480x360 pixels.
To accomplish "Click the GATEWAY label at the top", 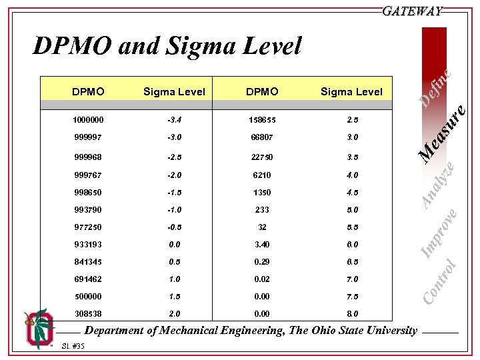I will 411,11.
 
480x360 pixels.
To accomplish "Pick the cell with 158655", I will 262,120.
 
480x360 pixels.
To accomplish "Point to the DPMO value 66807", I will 262,137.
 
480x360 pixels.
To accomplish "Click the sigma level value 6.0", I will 351,245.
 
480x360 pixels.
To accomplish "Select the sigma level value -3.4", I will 174,120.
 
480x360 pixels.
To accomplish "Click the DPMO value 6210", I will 262,175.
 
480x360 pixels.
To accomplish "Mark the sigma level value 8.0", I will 351,313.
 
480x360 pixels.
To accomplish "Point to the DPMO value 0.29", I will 262,262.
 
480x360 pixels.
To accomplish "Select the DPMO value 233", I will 262,210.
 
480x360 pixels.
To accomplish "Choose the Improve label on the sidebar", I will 440,233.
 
